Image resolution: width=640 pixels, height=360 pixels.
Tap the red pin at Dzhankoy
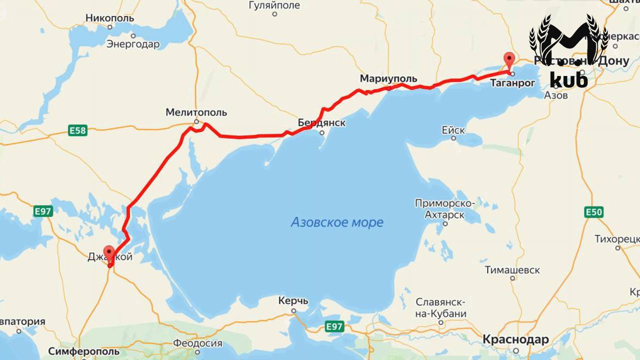[108, 253]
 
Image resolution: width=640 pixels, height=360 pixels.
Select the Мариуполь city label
[388, 79]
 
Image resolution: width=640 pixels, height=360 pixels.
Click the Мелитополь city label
[196, 112]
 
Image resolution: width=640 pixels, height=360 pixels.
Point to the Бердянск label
[321, 123]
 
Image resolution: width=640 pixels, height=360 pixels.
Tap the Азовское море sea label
[337, 222]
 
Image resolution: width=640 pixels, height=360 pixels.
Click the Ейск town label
[453, 130]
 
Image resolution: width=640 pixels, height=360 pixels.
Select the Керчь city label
[293, 301]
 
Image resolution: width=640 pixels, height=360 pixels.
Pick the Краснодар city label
[515, 340]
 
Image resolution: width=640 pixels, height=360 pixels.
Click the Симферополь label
[84, 351]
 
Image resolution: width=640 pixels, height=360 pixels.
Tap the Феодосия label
[198, 343]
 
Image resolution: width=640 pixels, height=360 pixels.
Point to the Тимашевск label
[512, 270]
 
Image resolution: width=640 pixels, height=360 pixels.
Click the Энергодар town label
[133, 44]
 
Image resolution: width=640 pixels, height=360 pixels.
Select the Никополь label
[110, 18]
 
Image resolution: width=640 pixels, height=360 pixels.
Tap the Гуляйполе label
[274, 5]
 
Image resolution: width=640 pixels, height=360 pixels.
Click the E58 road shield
[77, 131]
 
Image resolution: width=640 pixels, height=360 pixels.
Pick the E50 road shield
[593, 212]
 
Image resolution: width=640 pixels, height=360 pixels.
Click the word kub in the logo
[568, 79]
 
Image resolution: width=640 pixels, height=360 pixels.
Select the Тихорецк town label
[617, 238]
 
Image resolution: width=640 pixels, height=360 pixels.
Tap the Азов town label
[555, 95]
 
